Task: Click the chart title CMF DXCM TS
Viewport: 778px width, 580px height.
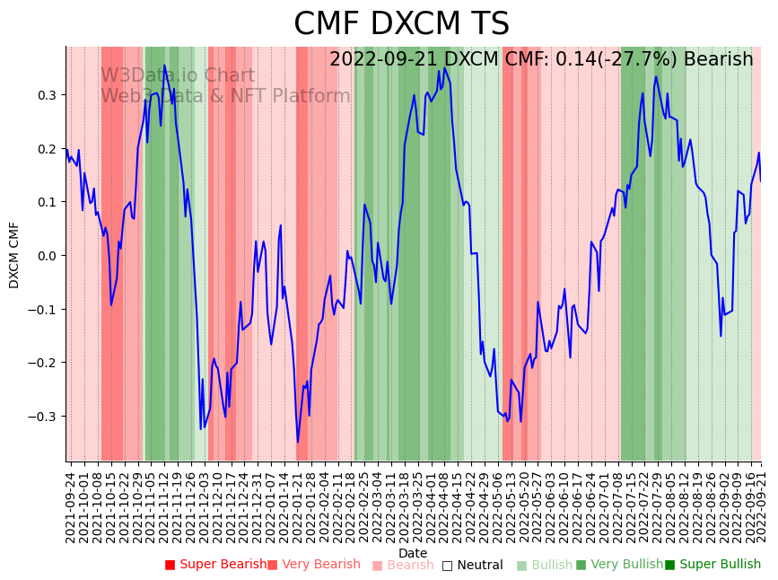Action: (x=401, y=24)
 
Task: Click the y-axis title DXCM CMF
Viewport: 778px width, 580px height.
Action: (x=14, y=255)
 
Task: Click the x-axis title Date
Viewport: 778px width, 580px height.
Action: (x=413, y=553)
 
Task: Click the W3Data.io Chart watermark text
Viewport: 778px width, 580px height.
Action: (x=178, y=75)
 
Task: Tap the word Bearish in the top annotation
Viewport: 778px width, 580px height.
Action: (x=718, y=59)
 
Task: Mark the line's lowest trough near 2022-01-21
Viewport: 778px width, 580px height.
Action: (x=298, y=442)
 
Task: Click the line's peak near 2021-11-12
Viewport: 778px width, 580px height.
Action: (x=164, y=66)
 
